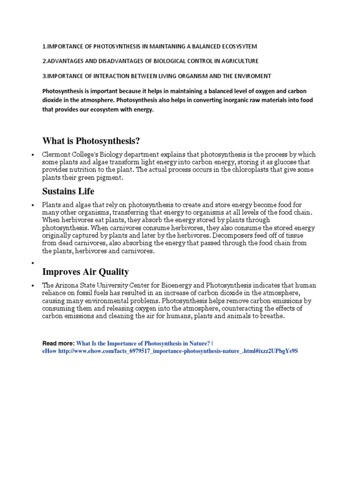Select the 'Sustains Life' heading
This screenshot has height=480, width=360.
68,191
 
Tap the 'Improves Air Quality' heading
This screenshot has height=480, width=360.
85,272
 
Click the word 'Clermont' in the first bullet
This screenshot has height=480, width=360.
56,155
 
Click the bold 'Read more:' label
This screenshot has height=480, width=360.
58,343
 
